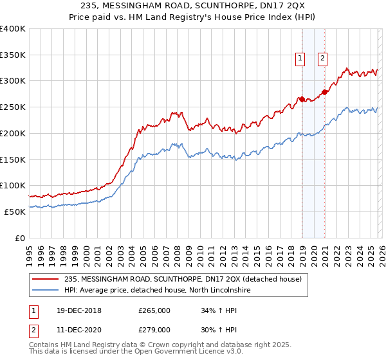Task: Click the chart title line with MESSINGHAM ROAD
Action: click(193, 6)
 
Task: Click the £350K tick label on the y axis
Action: click(13, 55)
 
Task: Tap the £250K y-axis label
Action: click(13, 107)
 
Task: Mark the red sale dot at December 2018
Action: click(302, 99)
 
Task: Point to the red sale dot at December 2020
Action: click(325, 92)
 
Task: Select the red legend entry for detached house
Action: click(187, 279)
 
